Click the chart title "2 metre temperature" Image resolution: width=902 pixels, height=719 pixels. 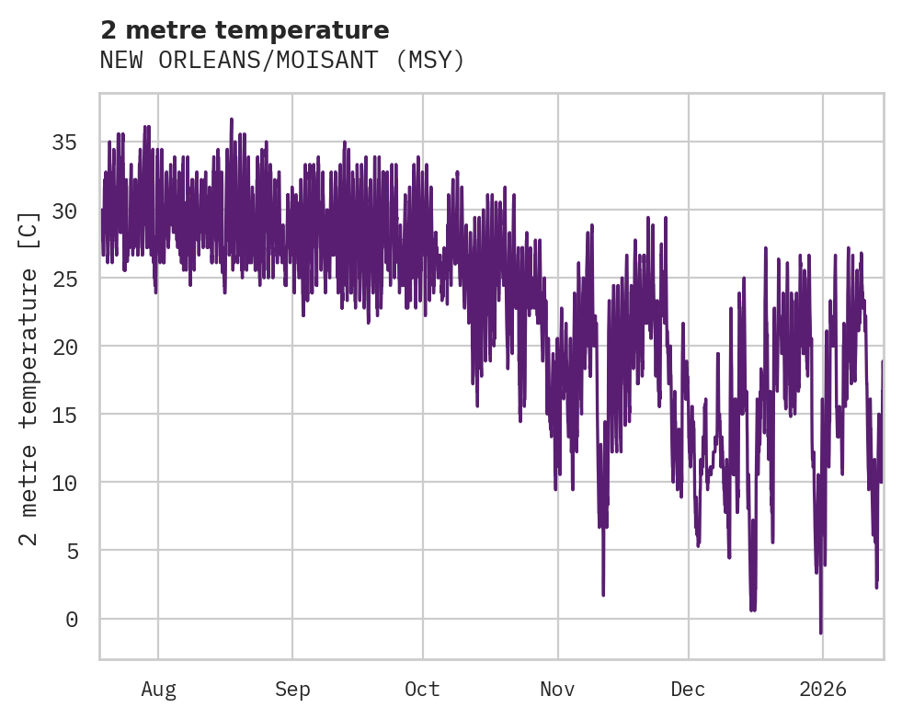245,30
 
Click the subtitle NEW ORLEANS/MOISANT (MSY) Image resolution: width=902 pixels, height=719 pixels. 282,61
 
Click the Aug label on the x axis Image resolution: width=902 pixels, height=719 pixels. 158,689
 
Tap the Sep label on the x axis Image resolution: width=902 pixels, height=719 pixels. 292,689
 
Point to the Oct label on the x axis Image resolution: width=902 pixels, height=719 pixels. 423,689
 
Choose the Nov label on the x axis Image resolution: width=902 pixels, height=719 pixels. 557,689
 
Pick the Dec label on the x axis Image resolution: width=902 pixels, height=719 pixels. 688,689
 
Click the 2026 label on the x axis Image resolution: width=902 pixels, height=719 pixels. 822,689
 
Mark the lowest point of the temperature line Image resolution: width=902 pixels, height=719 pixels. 821,633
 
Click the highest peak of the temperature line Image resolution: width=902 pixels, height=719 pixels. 232,119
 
